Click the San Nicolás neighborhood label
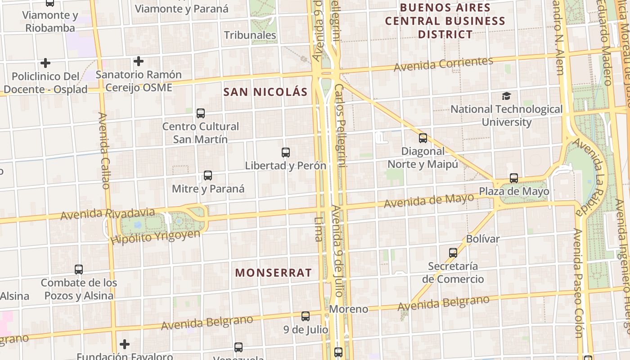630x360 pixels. [x=265, y=92]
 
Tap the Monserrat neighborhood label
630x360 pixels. [x=273, y=273]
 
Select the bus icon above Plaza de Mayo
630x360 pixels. [x=514, y=178]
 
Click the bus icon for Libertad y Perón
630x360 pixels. [x=285, y=153]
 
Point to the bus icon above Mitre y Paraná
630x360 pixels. [x=207, y=175]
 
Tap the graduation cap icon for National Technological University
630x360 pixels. [x=507, y=96]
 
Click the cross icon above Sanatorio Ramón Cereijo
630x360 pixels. [x=139, y=61]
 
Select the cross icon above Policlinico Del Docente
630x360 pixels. [x=45, y=63]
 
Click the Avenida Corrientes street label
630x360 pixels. [x=443, y=64]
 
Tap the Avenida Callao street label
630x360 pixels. [x=104, y=151]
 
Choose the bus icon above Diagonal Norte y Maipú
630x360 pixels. [x=423, y=138]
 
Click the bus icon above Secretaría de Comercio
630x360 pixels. [x=453, y=253]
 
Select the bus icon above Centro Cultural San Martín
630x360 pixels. [x=201, y=113]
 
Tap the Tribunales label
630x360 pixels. [x=250, y=35]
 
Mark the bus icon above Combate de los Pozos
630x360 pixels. [x=79, y=270]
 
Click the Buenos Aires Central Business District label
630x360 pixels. [x=445, y=21]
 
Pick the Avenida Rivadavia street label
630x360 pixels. [x=108, y=214]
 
